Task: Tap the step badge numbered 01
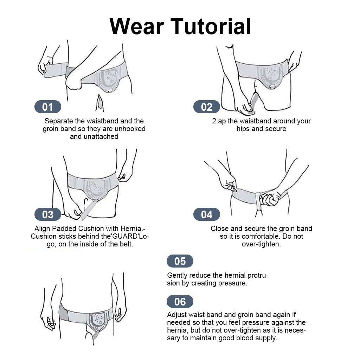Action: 48,107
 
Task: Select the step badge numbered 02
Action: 207,107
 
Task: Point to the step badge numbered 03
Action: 48,214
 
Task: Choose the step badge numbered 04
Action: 207,214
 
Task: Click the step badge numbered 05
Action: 180,261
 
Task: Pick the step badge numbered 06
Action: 180,302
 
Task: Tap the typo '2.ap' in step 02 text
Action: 219,121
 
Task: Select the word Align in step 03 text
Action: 43,229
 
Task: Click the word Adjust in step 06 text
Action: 177,315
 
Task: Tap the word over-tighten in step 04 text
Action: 261,244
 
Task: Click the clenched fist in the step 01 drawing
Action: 74,82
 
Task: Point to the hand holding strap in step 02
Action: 244,107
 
